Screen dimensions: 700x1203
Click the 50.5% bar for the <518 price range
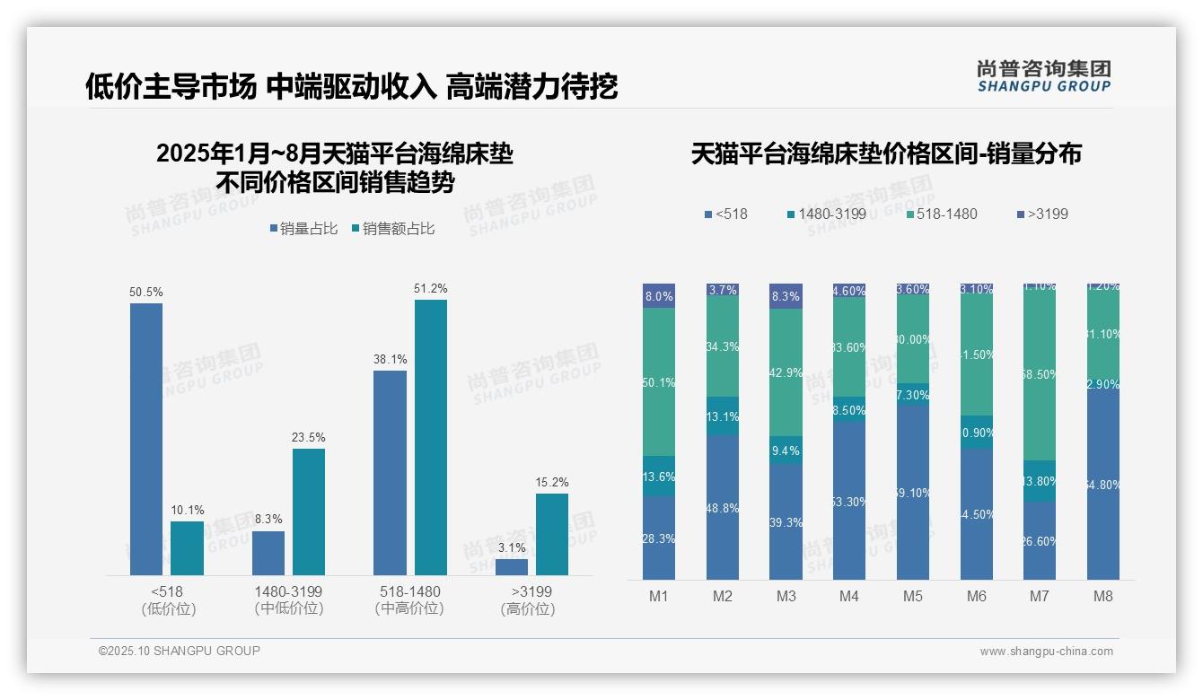pos(146,439)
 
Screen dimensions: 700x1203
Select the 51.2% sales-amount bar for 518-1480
pos(430,437)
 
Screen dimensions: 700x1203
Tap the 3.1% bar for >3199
pos(512,567)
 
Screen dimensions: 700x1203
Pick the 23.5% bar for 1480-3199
pos(309,512)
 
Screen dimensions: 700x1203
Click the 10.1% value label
pos(187,511)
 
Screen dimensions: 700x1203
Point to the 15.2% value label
pos(551,483)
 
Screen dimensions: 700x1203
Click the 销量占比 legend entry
pos(303,229)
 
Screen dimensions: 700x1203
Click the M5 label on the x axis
pos(913,596)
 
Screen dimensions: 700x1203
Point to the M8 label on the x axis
pos(1103,596)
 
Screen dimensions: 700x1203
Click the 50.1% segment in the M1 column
pos(659,382)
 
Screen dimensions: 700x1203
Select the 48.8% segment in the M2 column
pos(723,507)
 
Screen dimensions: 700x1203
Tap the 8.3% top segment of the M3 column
pos(786,296)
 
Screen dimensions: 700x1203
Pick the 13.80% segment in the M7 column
pos(1040,481)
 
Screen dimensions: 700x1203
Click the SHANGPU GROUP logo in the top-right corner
pos(1043,76)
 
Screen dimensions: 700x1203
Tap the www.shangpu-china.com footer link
pos(1046,652)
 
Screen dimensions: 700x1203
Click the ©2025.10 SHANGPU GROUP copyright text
pos(180,652)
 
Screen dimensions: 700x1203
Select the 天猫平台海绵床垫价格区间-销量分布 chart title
pos(886,154)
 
